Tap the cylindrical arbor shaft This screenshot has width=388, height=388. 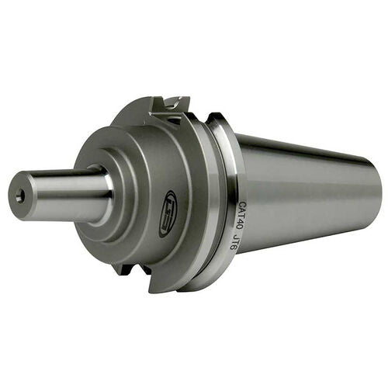click(x=62, y=193)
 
